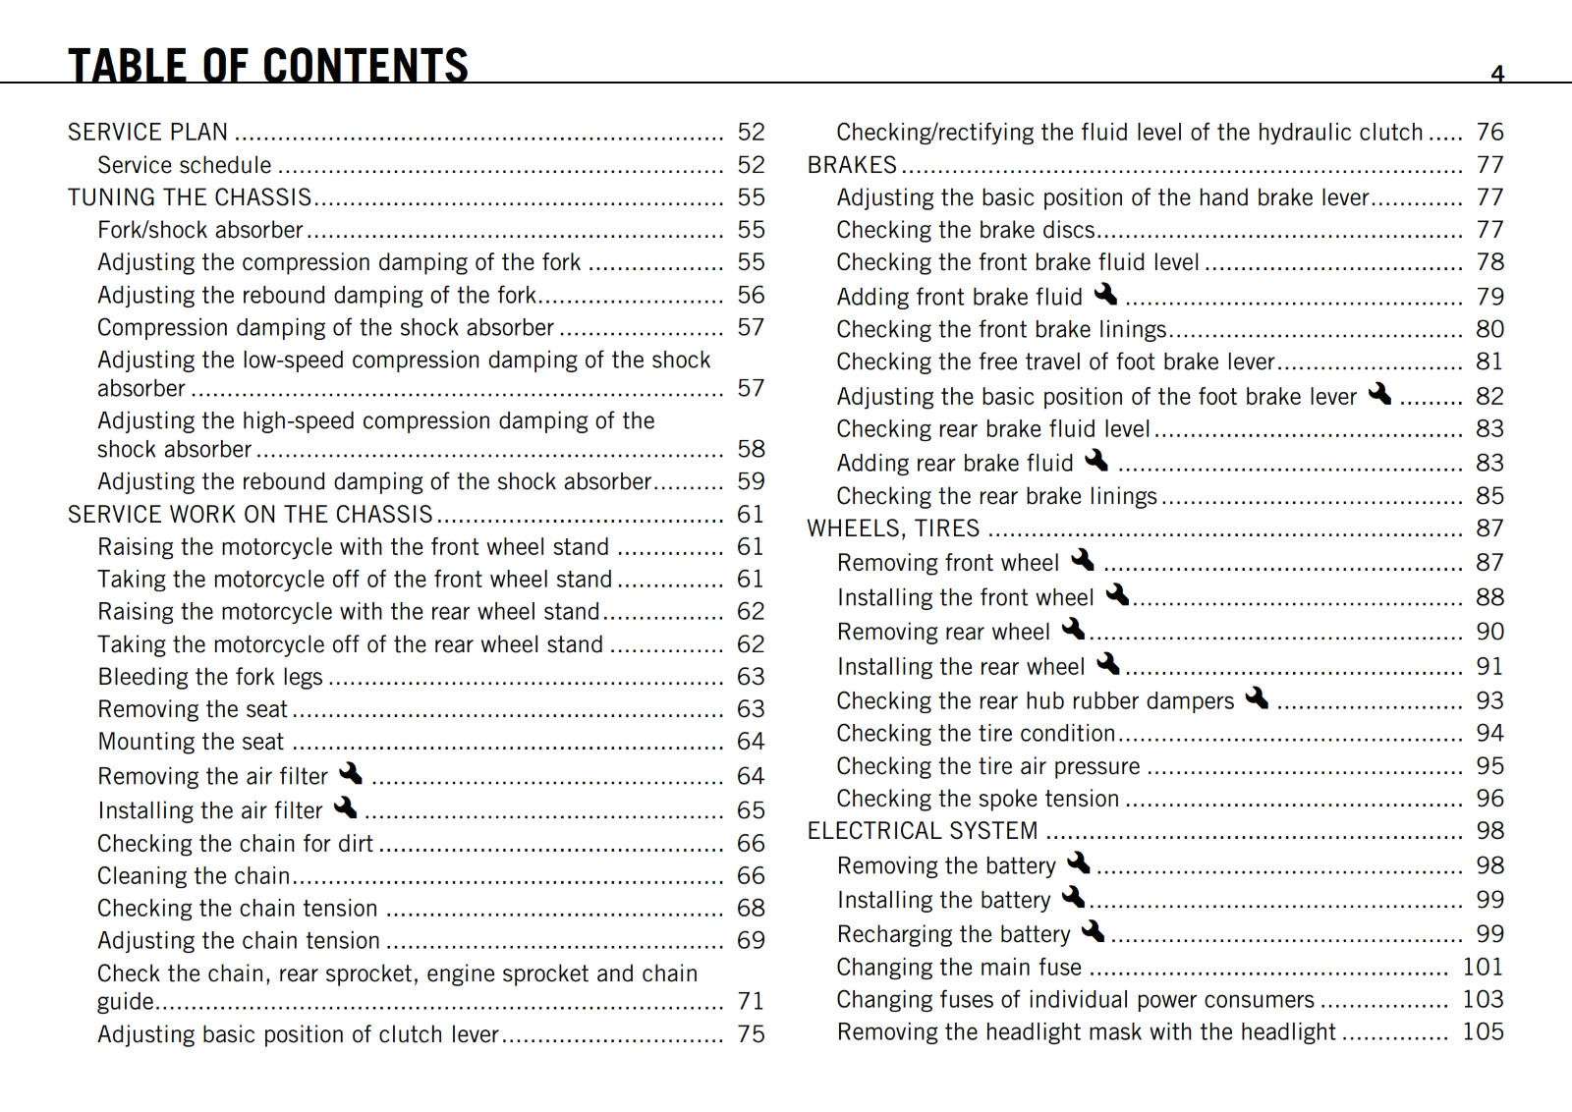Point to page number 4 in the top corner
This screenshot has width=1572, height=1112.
1497,74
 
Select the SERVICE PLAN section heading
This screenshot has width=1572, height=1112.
147,132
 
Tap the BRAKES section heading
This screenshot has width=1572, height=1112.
852,165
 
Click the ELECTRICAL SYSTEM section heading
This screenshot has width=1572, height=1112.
922,831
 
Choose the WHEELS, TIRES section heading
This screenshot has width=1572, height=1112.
893,528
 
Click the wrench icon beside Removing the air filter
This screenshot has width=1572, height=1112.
351,774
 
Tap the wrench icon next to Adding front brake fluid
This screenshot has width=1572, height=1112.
1105,294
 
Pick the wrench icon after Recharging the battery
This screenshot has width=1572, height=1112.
1093,930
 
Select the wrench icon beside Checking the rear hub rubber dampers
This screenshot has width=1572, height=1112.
1257,697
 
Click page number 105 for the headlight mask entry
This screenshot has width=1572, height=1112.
1483,1031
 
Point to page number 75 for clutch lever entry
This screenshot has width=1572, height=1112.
751,1033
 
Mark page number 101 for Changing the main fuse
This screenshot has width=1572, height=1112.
1483,967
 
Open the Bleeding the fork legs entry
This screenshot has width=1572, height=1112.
210,677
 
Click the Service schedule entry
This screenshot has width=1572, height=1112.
184,165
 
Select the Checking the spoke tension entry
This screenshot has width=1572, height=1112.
978,799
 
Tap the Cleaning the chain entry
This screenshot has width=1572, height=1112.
194,875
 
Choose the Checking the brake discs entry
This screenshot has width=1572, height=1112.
966,230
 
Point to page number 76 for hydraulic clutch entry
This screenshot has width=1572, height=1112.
1489,132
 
